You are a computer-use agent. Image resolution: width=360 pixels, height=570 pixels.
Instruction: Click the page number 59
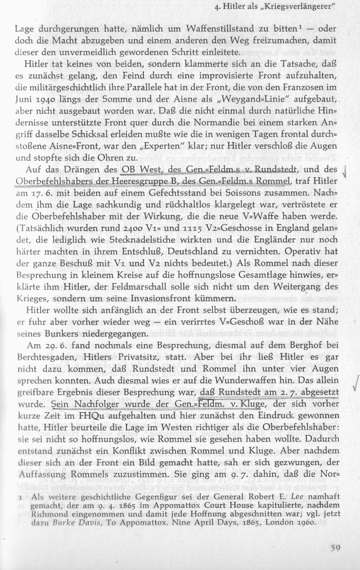(x=334, y=548)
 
